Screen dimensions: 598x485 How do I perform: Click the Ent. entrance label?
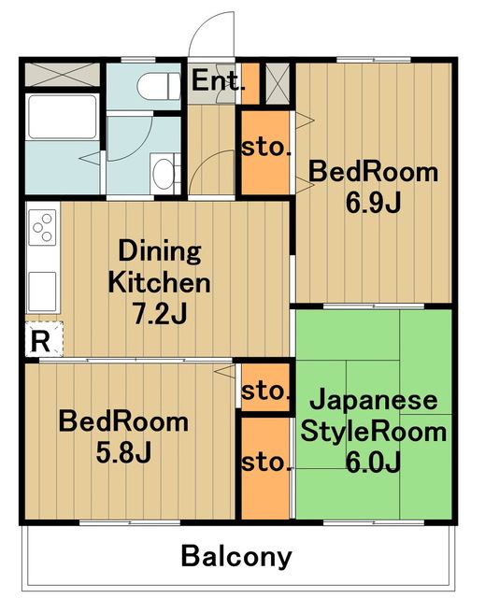pyautogui.click(x=218, y=82)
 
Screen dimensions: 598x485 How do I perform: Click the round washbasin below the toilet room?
pyautogui.click(x=164, y=172)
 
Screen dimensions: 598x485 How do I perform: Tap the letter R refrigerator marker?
pyautogui.click(x=39, y=341)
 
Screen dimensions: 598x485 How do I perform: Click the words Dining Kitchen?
pyautogui.click(x=159, y=266)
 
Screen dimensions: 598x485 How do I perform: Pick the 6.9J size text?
pyautogui.click(x=373, y=201)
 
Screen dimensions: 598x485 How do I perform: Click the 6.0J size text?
pyautogui.click(x=373, y=462)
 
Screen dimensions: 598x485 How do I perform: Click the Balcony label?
pyautogui.click(x=236, y=558)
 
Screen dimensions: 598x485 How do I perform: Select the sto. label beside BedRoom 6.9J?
pyautogui.click(x=266, y=148)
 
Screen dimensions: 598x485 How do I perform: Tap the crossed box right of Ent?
pyautogui.click(x=277, y=84)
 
